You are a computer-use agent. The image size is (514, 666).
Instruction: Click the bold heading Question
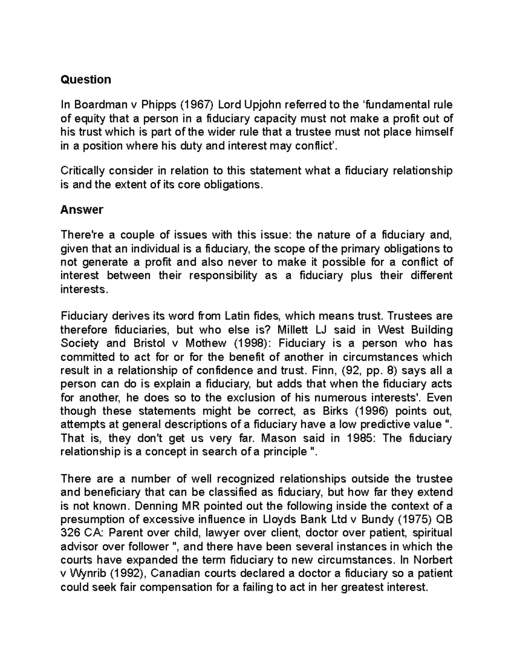(x=86, y=79)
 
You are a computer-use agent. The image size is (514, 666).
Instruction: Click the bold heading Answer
(x=82, y=210)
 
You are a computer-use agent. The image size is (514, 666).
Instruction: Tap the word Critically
(x=83, y=171)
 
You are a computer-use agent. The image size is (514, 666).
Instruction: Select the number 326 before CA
(x=70, y=533)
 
